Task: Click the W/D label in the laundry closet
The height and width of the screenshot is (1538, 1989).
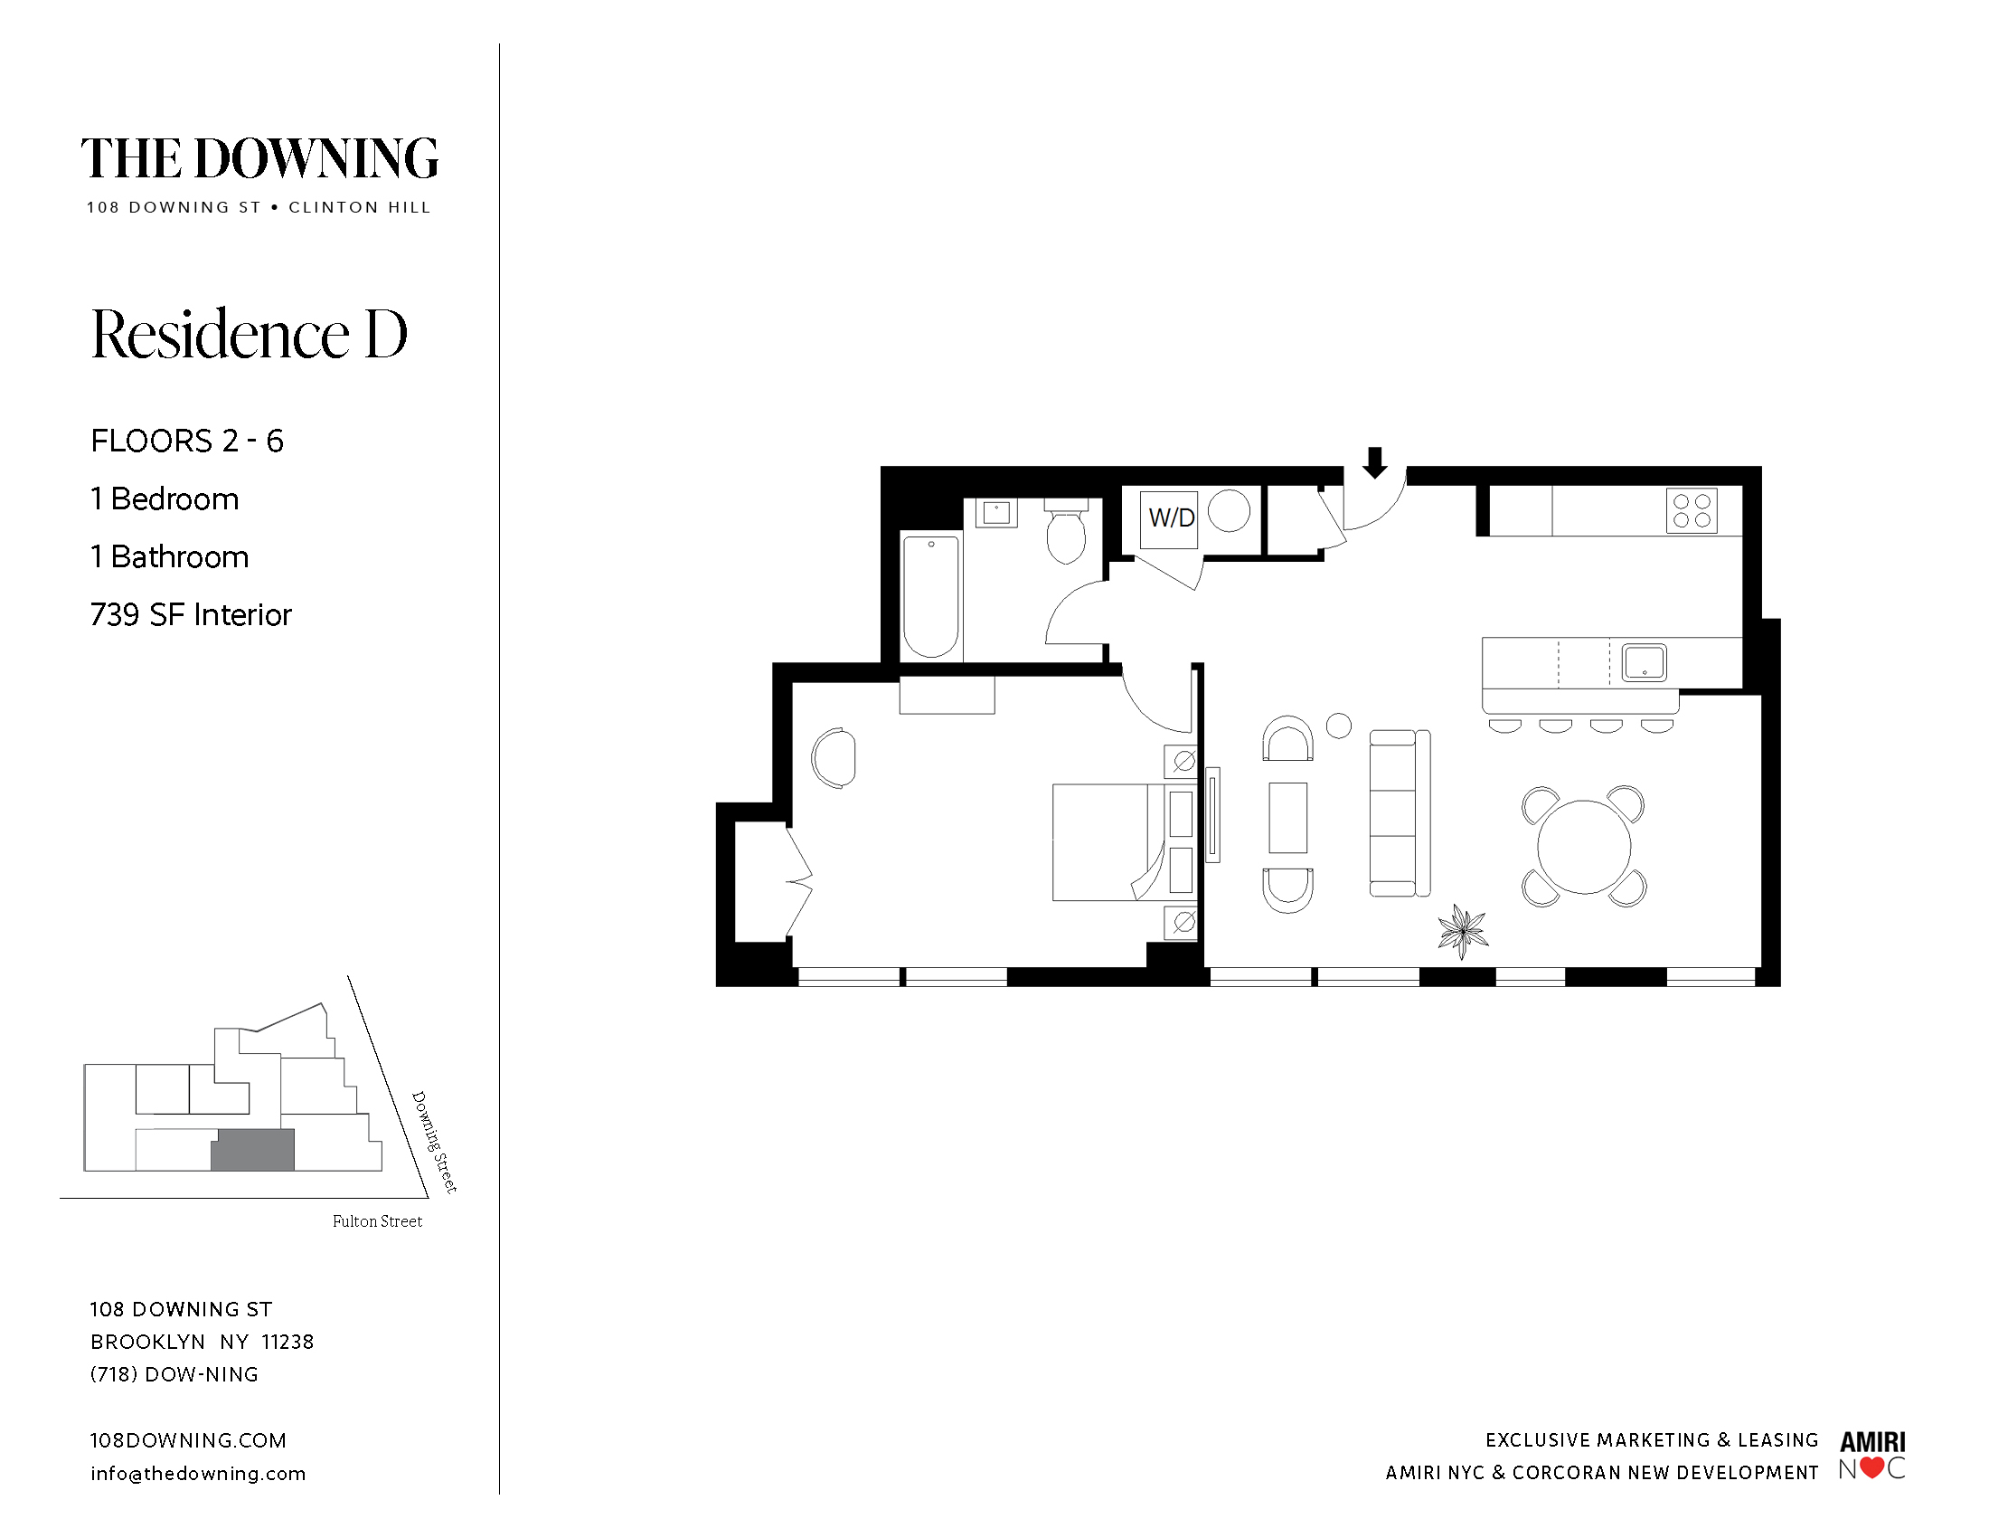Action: [1171, 517]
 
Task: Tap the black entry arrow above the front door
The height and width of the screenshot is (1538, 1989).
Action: [1374, 462]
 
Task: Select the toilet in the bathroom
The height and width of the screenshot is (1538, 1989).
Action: [1066, 531]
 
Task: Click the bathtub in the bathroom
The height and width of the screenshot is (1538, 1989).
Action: [930, 596]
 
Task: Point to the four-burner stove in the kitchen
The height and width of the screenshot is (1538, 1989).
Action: [1692, 510]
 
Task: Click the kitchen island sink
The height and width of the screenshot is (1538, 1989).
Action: [1644, 662]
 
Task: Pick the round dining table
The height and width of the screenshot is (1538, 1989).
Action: [1584, 847]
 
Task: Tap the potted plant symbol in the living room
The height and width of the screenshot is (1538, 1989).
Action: [1462, 930]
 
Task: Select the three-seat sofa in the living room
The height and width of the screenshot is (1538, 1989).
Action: [1400, 812]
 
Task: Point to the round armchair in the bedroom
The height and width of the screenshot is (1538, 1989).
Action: [834, 757]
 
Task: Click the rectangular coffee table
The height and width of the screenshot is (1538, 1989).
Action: [1287, 817]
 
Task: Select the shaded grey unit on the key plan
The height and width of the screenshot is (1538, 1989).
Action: [253, 1150]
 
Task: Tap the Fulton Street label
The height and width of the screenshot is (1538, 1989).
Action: [377, 1221]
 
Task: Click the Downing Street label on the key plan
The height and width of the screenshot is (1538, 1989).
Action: [433, 1142]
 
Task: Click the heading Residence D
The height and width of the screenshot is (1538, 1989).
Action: [249, 334]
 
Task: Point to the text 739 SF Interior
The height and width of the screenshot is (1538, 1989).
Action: [191, 615]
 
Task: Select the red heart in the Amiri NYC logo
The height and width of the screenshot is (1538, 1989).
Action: [1871, 1467]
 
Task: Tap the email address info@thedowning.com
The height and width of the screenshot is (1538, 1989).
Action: [198, 1473]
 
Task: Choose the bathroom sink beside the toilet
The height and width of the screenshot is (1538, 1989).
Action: [996, 512]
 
